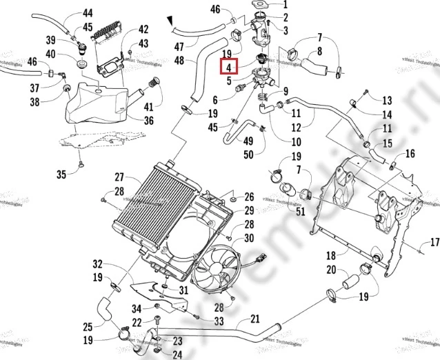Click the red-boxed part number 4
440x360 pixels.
228,68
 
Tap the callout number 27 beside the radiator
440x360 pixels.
119,177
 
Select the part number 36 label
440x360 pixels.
148,121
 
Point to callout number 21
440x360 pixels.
254,319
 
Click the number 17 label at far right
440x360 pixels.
434,241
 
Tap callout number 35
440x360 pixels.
61,174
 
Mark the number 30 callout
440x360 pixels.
249,238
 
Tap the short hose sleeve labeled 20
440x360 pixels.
350,283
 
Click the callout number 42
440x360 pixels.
143,30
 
